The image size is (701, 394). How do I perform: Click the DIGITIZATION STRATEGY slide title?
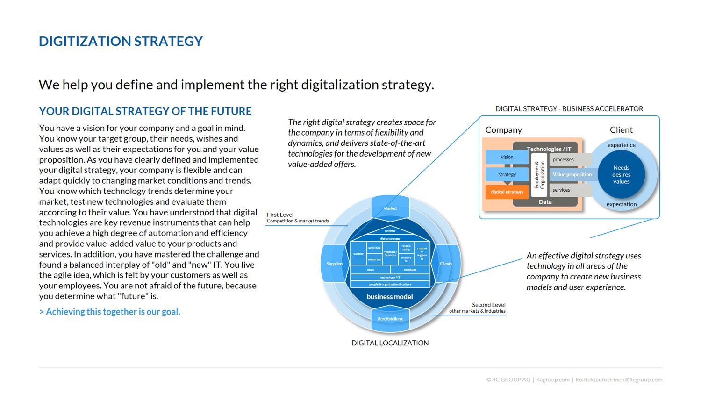121,42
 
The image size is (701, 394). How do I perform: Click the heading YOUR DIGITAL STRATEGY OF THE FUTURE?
145,111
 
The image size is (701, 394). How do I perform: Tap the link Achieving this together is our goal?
110,312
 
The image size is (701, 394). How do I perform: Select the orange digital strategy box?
507,192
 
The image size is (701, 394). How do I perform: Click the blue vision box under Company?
507,157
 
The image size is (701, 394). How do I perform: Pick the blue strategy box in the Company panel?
507,174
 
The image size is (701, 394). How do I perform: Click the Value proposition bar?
572,174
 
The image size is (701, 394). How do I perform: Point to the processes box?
564,160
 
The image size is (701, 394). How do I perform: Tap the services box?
562,190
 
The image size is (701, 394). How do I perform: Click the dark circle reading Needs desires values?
621,174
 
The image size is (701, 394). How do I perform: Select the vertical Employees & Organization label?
539,175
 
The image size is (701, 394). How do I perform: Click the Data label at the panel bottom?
545,202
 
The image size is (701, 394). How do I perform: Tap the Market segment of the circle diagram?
390,208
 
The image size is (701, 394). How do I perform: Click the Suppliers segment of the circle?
335,264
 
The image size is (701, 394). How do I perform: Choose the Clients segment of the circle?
445,264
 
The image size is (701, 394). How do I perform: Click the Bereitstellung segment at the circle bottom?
390,319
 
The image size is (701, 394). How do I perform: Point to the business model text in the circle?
390,297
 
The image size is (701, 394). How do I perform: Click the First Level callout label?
280,215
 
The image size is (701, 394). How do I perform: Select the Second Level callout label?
488,305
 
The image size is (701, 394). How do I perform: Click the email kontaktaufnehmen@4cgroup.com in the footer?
619,380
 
